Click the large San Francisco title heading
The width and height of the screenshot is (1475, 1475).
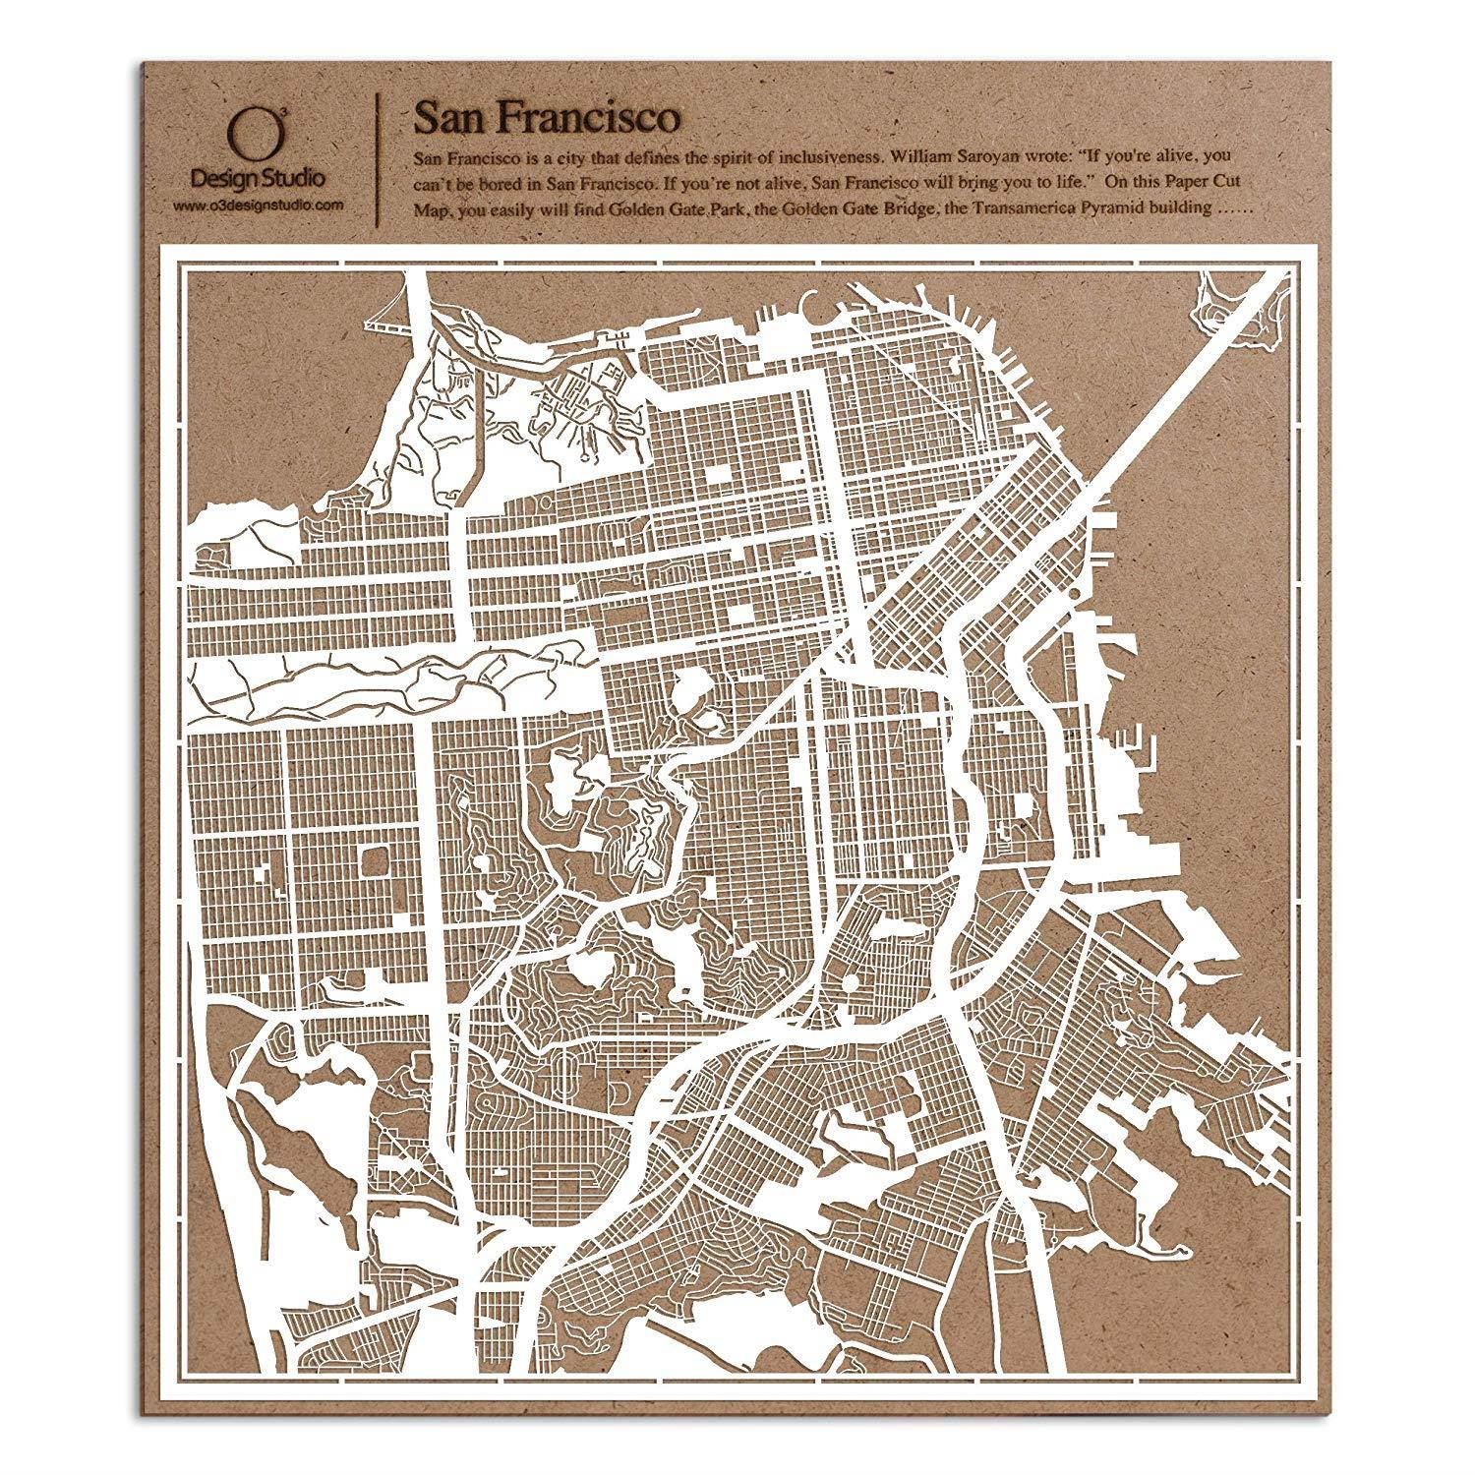[546, 116]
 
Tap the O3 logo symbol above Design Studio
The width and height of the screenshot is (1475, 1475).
[245, 131]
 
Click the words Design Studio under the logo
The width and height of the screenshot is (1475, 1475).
[259, 177]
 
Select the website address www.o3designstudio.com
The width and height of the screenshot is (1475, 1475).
[259, 205]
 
